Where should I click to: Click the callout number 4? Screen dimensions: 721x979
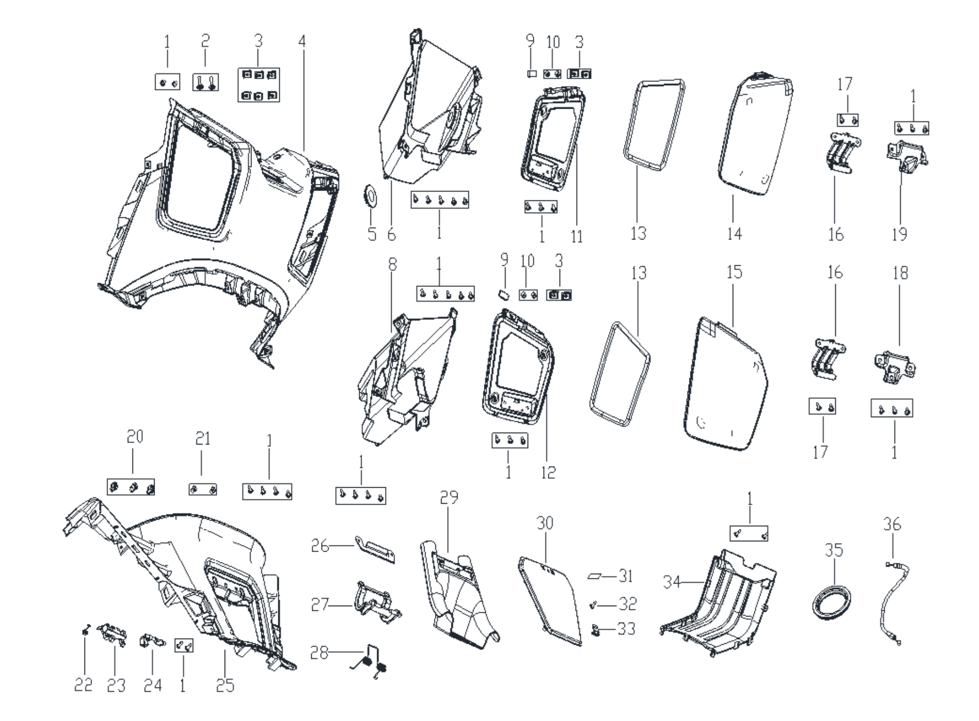[x=302, y=41]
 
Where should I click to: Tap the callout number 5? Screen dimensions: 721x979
[x=372, y=234]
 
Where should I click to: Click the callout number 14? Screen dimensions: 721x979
[x=734, y=233]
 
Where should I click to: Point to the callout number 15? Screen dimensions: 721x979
[x=734, y=272]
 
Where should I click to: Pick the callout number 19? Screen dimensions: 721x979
[x=899, y=234]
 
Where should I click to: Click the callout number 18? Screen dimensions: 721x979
[x=900, y=273]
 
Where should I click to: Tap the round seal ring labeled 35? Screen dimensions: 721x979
[x=828, y=600]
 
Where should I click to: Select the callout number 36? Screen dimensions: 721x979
[x=892, y=524]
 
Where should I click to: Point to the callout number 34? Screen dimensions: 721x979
[x=671, y=582]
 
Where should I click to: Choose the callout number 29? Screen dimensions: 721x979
[x=449, y=497]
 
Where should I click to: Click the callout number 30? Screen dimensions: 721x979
[x=545, y=523]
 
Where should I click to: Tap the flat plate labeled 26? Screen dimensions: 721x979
[x=375, y=549]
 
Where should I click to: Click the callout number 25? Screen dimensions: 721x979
[x=225, y=685]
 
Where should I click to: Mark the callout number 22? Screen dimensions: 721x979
[x=83, y=685]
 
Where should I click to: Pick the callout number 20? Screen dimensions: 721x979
[x=135, y=437]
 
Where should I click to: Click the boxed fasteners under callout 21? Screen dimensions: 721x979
[x=202, y=489]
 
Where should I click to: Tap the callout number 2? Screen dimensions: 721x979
[x=205, y=41]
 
